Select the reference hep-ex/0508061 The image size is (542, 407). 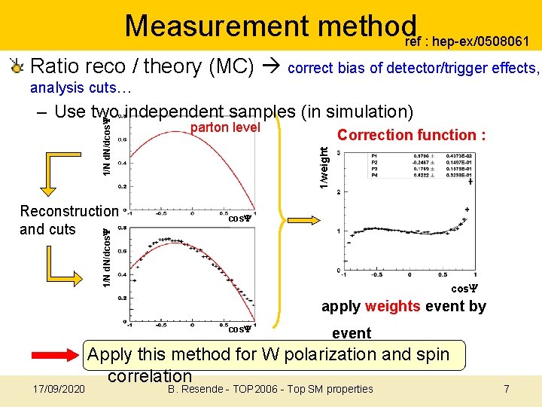(473, 41)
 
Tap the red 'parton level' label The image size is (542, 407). (225, 128)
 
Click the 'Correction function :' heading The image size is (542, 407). (411, 136)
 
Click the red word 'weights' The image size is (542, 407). (392, 306)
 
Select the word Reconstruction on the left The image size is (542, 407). (69, 211)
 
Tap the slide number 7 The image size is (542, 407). (507, 389)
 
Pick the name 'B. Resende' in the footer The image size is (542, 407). (187, 389)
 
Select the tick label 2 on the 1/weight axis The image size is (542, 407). (339, 191)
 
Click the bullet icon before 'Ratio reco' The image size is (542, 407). (16, 66)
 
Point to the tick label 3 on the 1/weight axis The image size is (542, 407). (339, 153)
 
